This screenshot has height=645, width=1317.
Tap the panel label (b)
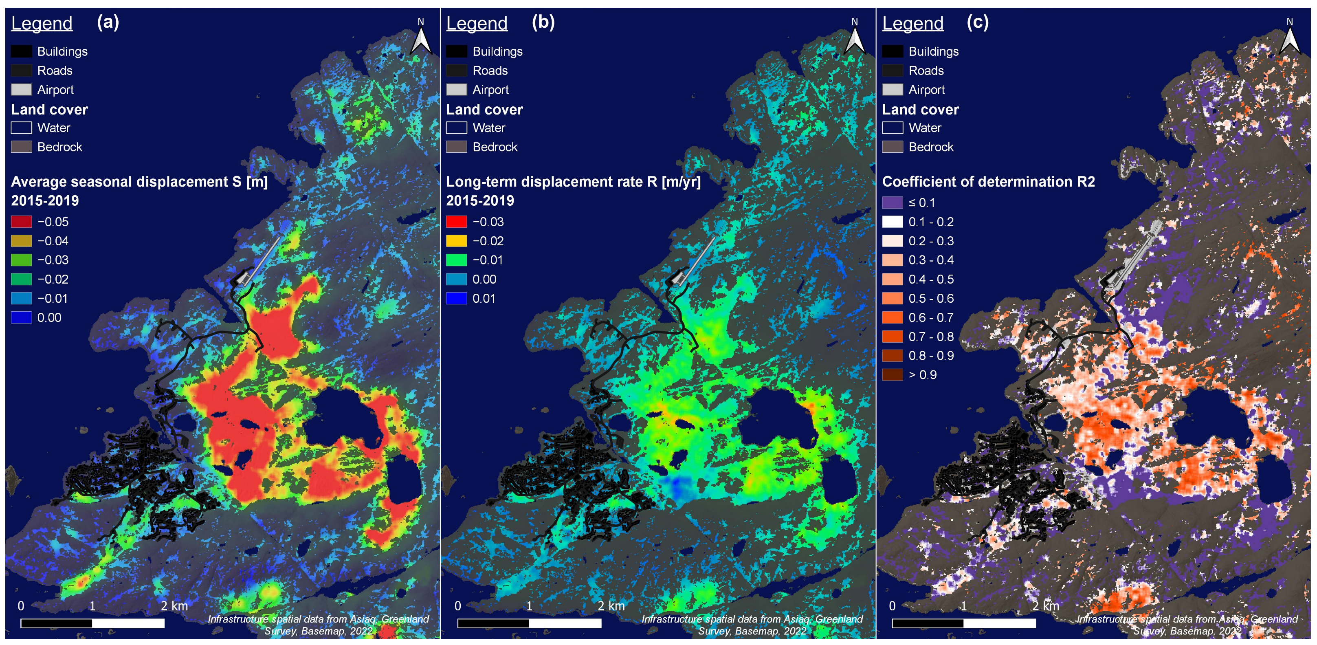pos(543,22)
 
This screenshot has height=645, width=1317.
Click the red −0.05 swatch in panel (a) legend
pos(22,222)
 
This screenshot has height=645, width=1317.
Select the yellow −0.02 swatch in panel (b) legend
pos(456,241)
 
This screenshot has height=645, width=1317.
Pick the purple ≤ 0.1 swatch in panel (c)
pos(892,203)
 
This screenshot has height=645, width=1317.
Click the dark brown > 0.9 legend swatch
pos(892,375)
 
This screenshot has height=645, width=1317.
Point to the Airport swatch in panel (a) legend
pos(22,90)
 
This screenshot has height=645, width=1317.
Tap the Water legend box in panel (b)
pos(456,128)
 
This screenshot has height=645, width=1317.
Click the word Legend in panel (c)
pos(912,24)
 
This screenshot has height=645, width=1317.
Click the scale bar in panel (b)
pos(529,623)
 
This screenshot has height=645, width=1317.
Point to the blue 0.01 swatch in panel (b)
pos(456,298)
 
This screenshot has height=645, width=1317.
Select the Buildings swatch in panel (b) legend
pos(456,52)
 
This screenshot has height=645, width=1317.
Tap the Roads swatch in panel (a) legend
pos(22,70)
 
